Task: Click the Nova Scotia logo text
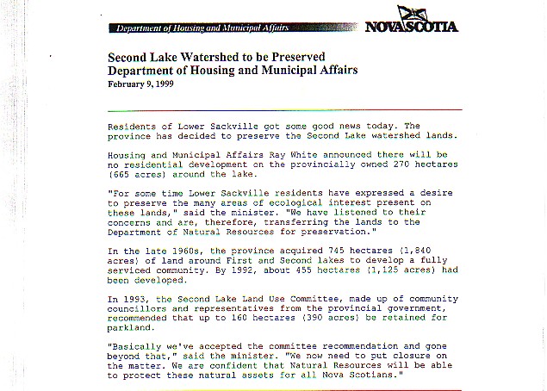click(x=412, y=26)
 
